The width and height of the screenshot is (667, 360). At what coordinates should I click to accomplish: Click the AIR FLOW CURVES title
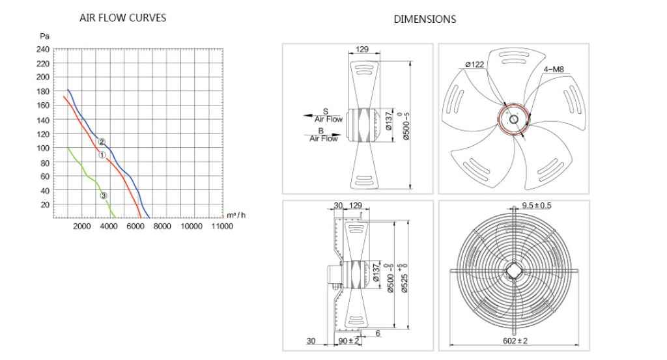pyautogui.click(x=122, y=18)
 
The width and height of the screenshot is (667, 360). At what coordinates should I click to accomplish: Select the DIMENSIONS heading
pyautogui.click(x=425, y=19)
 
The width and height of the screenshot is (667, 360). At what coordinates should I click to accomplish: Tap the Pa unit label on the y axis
pyautogui.click(x=44, y=36)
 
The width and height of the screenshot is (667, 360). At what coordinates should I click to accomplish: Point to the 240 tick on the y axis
pyautogui.click(x=43, y=49)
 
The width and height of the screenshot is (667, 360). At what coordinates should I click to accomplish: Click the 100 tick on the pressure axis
pyautogui.click(x=43, y=148)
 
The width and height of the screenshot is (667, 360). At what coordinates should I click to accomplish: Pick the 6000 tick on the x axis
pyautogui.click(x=135, y=226)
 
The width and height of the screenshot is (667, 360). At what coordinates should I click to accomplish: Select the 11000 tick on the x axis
pyautogui.click(x=222, y=226)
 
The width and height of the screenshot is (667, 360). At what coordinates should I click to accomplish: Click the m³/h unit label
pyautogui.click(x=236, y=215)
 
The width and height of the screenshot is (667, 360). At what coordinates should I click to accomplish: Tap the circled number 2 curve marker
pyautogui.click(x=102, y=141)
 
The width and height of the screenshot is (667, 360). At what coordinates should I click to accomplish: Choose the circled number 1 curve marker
pyautogui.click(x=102, y=155)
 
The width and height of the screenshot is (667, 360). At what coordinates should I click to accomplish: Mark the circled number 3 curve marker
pyautogui.click(x=104, y=195)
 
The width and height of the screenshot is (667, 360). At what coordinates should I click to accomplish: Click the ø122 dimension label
pyautogui.click(x=475, y=64)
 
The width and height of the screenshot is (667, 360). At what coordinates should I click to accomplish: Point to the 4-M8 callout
pyautogui.click(x=554, y=69)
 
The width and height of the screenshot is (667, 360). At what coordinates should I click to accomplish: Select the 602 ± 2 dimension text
pyautogui.click(x=515, y=341)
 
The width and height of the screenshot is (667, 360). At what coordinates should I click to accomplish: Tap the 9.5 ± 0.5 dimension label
pyautogui.click(x=537, y=206)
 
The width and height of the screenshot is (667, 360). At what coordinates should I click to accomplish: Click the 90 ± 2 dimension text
pyautogui.click(x=349, y=341)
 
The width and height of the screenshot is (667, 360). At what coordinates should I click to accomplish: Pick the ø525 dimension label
pyautogui.click(x=404, y=281)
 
